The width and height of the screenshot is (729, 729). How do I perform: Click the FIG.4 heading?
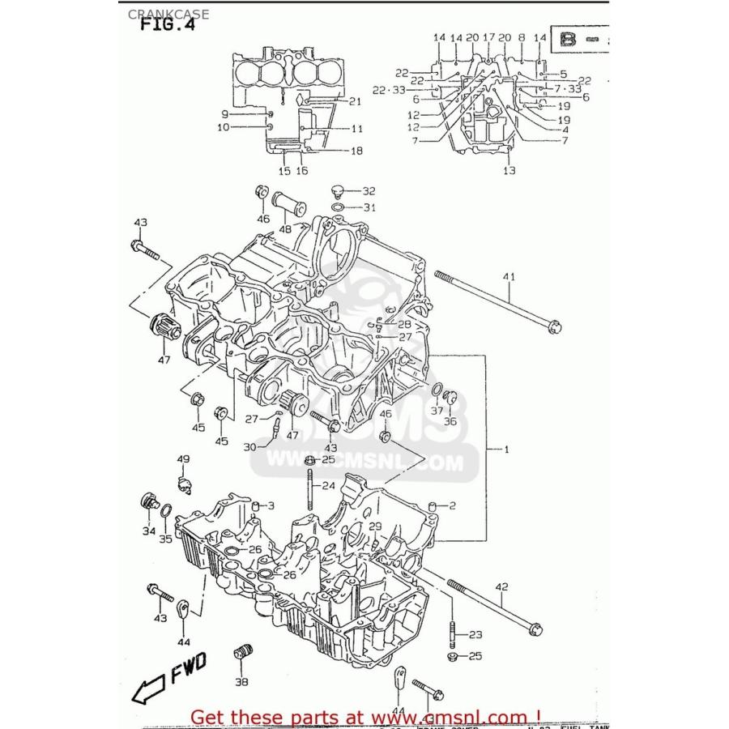(x=168, y=23)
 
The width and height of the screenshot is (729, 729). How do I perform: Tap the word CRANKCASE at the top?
(x=156, y=14)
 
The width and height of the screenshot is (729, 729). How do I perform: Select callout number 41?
(x=509, y=278)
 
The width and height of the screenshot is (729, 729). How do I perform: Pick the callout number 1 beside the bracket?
(x=507, y=448)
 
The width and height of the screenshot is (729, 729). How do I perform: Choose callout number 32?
(x=369, y=191)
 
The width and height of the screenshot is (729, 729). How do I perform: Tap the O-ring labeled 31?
(x=339, y=207)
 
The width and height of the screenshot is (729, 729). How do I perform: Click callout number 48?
(x=285, y=229)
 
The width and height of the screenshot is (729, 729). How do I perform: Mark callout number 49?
(x=184, y=460)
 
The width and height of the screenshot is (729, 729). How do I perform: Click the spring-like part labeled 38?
(x=240, y=652)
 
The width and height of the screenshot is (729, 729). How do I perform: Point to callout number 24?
(x=328, y=486)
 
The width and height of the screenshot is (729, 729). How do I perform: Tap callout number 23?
(x=475, y=634)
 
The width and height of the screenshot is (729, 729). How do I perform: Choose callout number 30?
(x=249, y=446)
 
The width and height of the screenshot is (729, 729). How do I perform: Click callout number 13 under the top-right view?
(x=509, y=171)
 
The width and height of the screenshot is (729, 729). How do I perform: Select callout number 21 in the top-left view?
(x=354, y=101)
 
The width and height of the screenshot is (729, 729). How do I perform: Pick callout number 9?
(x=225, y=114)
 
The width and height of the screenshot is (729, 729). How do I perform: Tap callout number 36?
(x=450, y=420)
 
